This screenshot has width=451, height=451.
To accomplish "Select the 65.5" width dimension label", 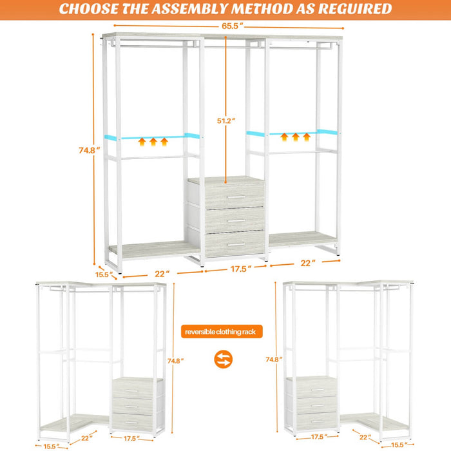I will (230, 26).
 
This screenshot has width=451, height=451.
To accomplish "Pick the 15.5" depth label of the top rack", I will (103, 274).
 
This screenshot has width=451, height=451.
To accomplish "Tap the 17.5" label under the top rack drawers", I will (239, 269).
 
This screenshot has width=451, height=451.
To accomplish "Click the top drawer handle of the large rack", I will (236, 197).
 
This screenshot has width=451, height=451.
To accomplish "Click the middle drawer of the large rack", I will (235, 220).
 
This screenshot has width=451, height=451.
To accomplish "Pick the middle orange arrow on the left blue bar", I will (153, 140).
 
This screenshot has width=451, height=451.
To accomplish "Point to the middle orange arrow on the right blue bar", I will (296, 137).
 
